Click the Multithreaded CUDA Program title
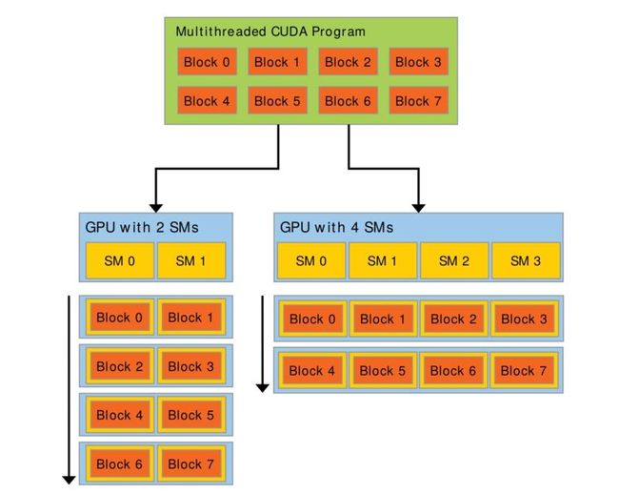(x=270, y=31)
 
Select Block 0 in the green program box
(x=207, y=62)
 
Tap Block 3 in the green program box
(x=418, y=62)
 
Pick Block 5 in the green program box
(x=277, y=101)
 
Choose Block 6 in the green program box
(x=348, y=101)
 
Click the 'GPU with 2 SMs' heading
(x=142, y=227)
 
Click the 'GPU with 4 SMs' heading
(x=336, y=227)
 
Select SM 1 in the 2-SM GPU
(x=191, y=261)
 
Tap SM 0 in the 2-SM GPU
(x=120, y=261)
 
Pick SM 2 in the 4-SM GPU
(x=454, y=261)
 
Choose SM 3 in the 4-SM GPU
(x=526, y=261)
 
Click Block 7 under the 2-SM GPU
(x=191, y=463)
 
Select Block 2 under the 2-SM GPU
(x=120, y=366)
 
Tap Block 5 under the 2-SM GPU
(x=191, y=415)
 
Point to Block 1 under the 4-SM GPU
(x=383, y=319)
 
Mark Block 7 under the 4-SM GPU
(x=524, y=371)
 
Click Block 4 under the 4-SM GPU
(x=311, y=371)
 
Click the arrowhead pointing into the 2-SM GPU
(x=156, y=208)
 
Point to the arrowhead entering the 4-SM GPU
(x=418, y=208)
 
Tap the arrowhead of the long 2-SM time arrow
(x=70, y=480)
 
